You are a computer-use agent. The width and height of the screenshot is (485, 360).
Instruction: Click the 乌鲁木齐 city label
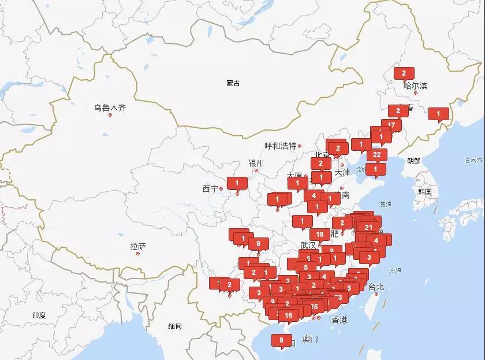pyautogui.click(x=110, y=107)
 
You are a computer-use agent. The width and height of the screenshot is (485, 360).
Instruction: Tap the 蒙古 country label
pyautogui.click(x=233, y=83)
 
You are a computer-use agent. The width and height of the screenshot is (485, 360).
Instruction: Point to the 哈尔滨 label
pyautogui.click(x=416, y=86)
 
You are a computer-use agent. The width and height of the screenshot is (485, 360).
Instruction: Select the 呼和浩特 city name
pyautogui.click(x=280, y=146)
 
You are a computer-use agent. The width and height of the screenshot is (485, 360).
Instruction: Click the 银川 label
pyautogui.click(x=256, y=163)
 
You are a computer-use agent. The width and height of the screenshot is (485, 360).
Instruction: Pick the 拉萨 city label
pyautogui.click(x=138, y=247)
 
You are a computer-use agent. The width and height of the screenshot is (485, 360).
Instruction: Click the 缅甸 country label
pyautogui.click(x=175, y=326)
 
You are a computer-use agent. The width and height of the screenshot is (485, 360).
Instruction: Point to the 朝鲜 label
pyautogui.click(x=414, y=161)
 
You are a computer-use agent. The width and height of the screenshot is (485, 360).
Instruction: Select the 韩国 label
pyautogui.click(x=426, y=191)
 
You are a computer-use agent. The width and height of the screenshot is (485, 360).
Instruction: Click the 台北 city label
pyautogui.click(x=376, y=287)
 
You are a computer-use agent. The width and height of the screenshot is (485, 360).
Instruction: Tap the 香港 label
pyautogui.click(x=339, y=320)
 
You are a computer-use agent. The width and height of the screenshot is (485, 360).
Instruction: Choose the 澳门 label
pyautogui.click(x=309, y=339)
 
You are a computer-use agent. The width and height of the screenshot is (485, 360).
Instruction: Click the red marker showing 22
pyautogui.click(x=376, y=154)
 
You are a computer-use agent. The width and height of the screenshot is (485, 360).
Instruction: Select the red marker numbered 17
pyautogui.click(x=391, y=124)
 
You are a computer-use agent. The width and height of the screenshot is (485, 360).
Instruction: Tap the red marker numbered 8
pyautogui.click(x=281, y=340)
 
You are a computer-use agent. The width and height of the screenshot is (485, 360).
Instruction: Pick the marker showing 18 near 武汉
pyautogui.click(x=320, y=234)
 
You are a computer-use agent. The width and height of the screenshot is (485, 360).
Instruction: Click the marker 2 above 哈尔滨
pyautogui.click(x=404, y=73)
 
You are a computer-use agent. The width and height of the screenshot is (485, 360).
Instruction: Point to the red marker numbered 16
pyautogui.click(x=289, y=315)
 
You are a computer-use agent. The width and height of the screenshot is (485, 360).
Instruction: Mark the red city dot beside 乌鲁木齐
pyautogui.click(x=110, y=115)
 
